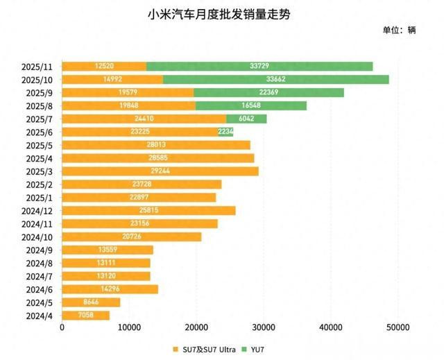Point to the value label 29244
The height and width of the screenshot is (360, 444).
[x=160, y=171]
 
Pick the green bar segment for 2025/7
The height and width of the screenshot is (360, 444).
[x=246, y=119]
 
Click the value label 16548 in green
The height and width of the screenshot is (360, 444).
[x=250, y=105]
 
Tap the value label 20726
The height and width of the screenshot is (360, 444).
[x=131, y=237]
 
